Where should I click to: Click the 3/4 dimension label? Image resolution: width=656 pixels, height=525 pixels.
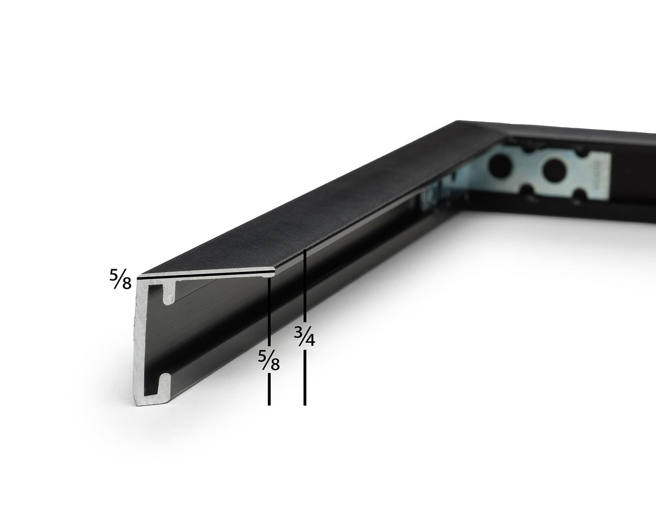point(304,336)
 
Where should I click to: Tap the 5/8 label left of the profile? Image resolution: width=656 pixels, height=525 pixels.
point(121,279)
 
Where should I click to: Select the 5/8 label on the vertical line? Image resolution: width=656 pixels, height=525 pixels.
point(269,361)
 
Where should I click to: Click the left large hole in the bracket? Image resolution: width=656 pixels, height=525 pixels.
point(500,166)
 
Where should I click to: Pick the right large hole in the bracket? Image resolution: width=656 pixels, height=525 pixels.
point(554,170)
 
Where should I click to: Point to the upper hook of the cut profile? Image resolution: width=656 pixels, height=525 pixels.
point(169,293)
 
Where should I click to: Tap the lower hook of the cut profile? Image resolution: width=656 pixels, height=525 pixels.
point(165,384)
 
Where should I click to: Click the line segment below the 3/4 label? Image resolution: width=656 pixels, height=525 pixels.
point(305,377)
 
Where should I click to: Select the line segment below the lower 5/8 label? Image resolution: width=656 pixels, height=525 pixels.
point(269,389)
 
